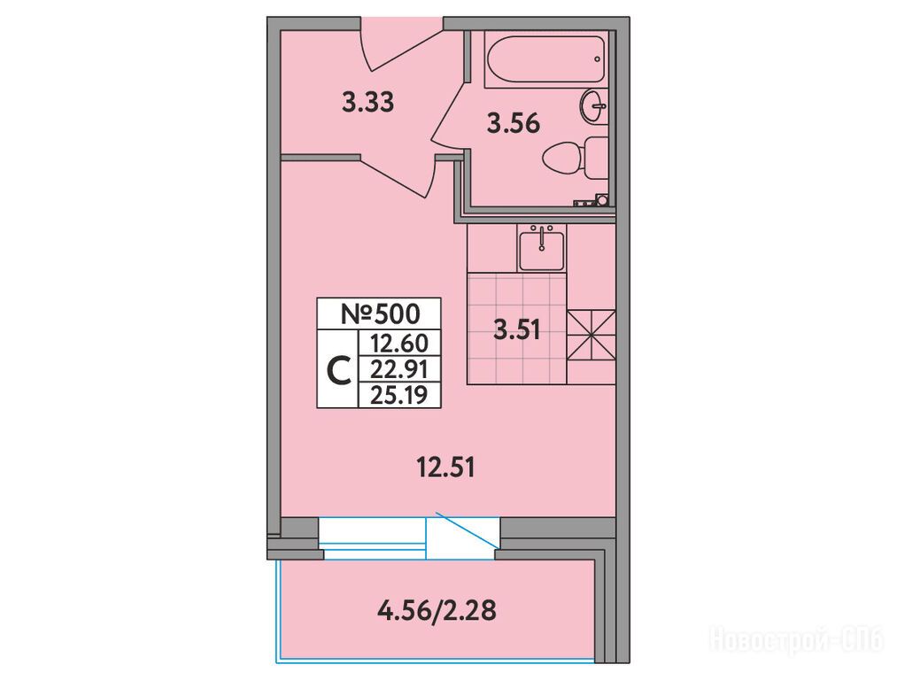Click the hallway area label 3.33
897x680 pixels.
(367, 103)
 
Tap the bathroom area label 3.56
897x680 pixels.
(514, 123)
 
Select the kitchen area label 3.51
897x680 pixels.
(517, 330)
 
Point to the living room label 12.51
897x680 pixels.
(446, 468)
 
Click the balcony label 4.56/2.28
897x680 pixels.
(437, 610)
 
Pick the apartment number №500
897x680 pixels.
(380, 313)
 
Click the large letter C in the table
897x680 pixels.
(338, 369)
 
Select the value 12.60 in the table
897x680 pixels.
(398, 344)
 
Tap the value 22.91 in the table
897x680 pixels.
(398, 369)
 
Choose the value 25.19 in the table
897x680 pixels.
(398, 395)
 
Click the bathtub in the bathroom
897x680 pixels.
(545, 59)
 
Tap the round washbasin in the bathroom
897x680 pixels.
(593, 106)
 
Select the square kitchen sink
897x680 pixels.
(541, 248)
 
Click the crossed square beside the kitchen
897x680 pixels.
(591, 336)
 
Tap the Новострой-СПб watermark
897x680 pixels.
(796, 639)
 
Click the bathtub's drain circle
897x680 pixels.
(597, 59)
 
